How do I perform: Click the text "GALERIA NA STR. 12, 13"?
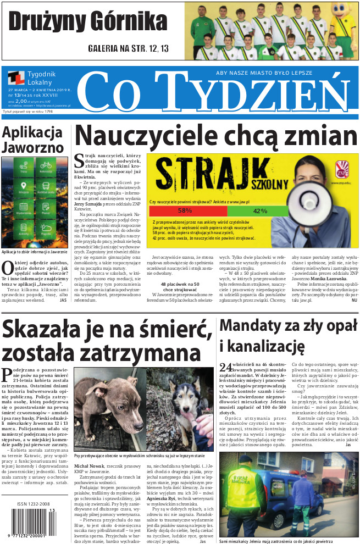[x=128, y=48]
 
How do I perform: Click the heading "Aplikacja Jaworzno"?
[x=32, y=140]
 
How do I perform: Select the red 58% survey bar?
[x=185, y=210]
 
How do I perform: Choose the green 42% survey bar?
[x=259, y=210]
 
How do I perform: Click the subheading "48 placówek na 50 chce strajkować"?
[x=179, y=287]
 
